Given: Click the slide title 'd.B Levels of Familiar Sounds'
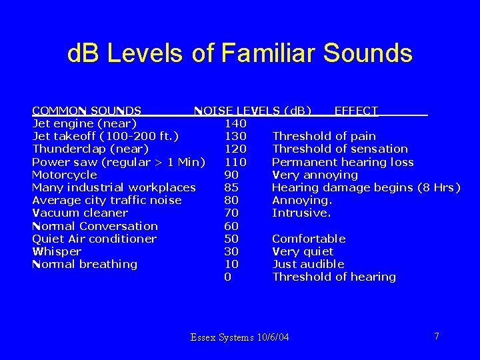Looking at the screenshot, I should pyautogui.click(x=239, y=53).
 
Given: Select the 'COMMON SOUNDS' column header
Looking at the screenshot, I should pyautogui.click(x=87, y=111).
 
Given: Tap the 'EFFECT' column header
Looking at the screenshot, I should pyautogui.click(x=356, y=111).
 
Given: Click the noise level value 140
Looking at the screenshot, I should pyautogui.click(x=235, y=123).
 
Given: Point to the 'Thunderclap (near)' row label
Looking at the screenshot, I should pyautogui.click(x=90, y=149).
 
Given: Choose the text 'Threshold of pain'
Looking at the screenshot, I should pyautogui.click(x=324, y=136).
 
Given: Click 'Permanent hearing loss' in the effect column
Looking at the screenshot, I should pyautogui.click(x=343, y=162).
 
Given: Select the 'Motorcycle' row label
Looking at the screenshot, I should pyautogui.click(x=65, y=175).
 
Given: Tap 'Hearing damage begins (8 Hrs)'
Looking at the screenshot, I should pyautogui.click(x=366, y=187).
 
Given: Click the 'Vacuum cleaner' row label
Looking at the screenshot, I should pyautogui.click(x=80, y=213).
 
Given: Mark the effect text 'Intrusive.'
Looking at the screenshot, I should pyautogui.click(x=301, y=213).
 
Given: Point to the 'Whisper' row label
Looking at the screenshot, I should pyautogui.click(x=57, y=251).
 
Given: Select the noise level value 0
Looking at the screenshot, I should pyautogui.click(x=228, y=277).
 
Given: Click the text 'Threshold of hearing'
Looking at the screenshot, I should pyautogui.click(x=334, y=277).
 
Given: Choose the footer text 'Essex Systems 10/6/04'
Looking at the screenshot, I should pyautogui.click(x=240, y=337).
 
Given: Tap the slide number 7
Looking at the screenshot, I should pyautogui.click(x=437, y=336).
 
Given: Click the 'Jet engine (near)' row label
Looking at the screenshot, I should pyautogui.click(x=85, y=123).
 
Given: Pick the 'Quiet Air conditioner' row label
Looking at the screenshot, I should pyautogui.click(x=94, y=239).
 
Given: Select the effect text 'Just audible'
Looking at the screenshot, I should pyautogui.click(x=309, y=264).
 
